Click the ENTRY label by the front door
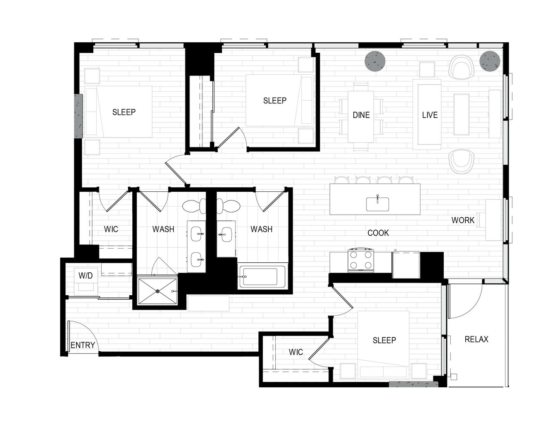pos(83,345)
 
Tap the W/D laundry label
pos(85,276)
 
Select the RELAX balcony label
pos(476,339)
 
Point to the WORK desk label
pos(463,220)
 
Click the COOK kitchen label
pos(378,233)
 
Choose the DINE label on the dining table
pos(361,115)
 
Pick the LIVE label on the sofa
pos(430,115)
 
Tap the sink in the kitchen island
pos(378,204)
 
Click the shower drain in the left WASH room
pos(157,291)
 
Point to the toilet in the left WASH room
pos(194,206)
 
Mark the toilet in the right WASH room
pos(228,206)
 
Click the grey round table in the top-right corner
pos(490,61)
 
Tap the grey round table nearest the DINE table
pos(375,61)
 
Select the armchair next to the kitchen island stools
pos(462,161)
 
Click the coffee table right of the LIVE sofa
pos(462,114)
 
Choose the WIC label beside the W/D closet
pos(111,229)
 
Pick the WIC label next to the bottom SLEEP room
pos(296,352)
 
